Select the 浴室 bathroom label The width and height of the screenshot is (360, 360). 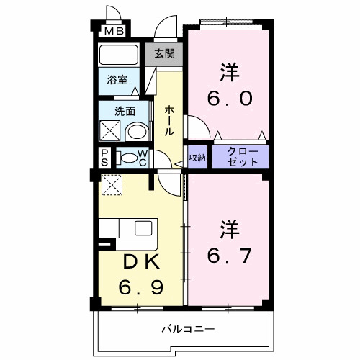tap(118, 80)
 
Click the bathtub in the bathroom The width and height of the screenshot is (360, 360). tap(119, 56)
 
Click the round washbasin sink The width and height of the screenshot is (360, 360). tap(134, 132)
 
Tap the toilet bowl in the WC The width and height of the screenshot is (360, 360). tap(127, 158)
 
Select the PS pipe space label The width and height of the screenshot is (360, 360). tap(104, 158)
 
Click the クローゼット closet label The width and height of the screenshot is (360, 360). tap(239, 157)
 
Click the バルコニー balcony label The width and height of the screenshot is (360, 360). tap(187, 329)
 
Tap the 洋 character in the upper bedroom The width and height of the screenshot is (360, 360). tap(228, 72)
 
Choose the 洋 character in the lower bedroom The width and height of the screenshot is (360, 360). tap(228, 228)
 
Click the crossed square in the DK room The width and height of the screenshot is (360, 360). tap(112, 185)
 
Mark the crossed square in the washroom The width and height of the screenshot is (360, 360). tap(111, 132)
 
